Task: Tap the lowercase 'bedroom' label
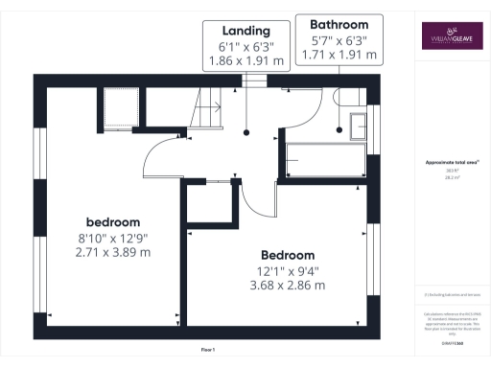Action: click(x=114, y=220)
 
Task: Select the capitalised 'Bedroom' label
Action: click(x=288, y=255)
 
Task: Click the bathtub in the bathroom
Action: click(x=327, y=158)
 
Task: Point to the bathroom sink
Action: click(x=359, y=125)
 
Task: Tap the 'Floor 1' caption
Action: click(x=208, y=350)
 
